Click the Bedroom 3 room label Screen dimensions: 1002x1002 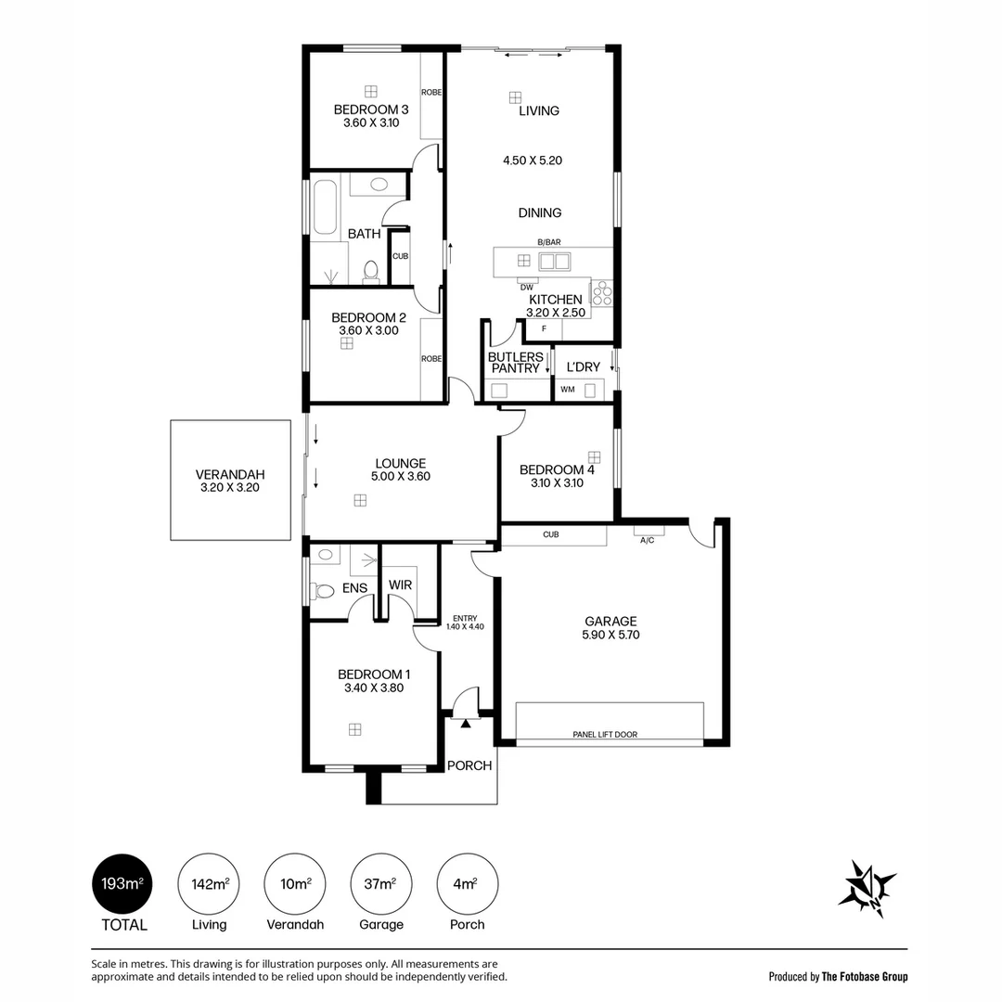coord(371,109)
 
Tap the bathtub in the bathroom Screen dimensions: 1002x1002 coord(325,207)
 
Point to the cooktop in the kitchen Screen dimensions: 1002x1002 coord(601,292)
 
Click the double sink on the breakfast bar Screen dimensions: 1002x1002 coord(554,261)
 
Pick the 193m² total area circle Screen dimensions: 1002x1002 coord(122,884)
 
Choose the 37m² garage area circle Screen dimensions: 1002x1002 coord(381,884)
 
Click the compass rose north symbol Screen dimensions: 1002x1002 coord(867,889)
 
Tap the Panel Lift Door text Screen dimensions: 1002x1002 coord(605,734)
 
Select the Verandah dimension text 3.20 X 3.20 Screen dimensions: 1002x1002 coord(230,487)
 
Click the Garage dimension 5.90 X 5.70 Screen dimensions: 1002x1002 coord(610,635)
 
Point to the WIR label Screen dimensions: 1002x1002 coord(401,584)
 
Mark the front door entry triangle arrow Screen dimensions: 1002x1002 coord(466,724)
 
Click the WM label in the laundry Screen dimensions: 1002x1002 coord(568,389)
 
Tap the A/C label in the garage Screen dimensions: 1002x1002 coord(648,540)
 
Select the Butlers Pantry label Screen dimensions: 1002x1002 coord(516,363)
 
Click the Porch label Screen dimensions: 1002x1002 coord(469,765)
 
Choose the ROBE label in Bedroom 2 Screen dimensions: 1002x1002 coord(431,358)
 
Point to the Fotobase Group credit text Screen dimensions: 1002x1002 coord(865,976)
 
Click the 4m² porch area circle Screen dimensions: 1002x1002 coord(467,884)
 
